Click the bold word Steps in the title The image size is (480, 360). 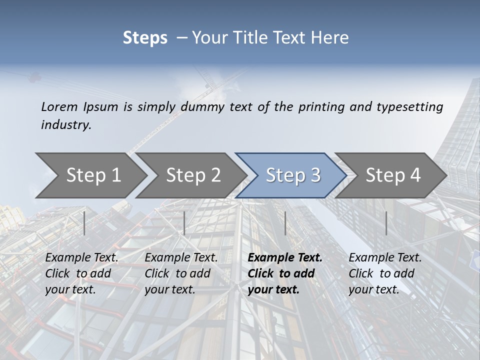coord(145,37)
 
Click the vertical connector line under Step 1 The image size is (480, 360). coord(84,223)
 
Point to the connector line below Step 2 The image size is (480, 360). coord(184,223)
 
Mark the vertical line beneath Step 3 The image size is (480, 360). coord(285,223)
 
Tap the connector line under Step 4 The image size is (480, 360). coord(386,223)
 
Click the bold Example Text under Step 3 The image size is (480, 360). coord(285,258)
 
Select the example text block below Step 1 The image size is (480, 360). coord(81,273)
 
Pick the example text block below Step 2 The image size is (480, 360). coord(181,273)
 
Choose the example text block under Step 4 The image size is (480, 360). coord(385,273)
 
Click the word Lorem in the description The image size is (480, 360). coord(59,106)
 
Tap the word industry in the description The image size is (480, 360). coord(65,125)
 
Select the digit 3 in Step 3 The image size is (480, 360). coord(315,175)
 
